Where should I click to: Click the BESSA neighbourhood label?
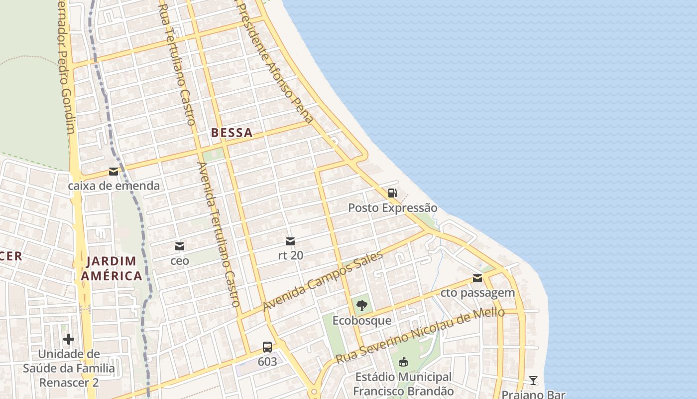(232, 133)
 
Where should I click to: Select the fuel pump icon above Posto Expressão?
(392, 193)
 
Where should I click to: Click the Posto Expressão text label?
(392, 207)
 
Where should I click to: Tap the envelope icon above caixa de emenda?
(114, 172)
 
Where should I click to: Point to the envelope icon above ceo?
(179, 246)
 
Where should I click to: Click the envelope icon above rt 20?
(290, 242)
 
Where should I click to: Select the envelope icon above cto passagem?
(477, 278)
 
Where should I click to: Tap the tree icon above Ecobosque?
(362, 306)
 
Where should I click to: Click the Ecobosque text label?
(362, 320)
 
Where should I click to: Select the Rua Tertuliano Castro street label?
(177, 62)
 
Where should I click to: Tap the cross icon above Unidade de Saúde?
(69, 340)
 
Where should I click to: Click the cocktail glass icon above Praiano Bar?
(533, 381)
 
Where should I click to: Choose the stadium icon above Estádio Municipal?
(403, 362)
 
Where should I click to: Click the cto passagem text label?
(477, 293)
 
